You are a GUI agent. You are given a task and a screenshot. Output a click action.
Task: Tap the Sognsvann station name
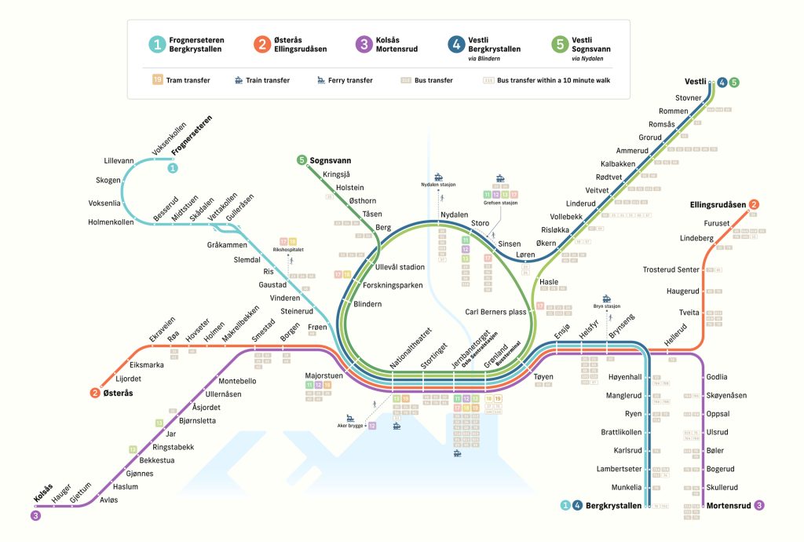[x=330, y=160]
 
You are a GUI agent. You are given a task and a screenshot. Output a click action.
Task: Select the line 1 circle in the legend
[x=158, y=44]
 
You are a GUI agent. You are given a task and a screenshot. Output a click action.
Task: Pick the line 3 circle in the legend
[x=362, y=44]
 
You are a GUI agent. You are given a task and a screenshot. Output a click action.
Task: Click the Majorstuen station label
[x=323, y=375]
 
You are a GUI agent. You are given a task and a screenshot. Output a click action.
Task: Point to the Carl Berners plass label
[x=495, y=311]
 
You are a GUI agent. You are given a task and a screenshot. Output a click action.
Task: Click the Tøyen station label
[x=543, y=377]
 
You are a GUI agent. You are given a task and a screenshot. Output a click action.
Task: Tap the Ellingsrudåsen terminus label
[x=718, y=205]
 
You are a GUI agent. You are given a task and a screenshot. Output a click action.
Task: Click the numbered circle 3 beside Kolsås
[x=35, y=516]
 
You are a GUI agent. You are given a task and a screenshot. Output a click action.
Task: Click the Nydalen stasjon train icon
[x=439, y=177]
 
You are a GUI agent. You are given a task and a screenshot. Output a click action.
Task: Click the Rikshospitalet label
[x=288, y=250]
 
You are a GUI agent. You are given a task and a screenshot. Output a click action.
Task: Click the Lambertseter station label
[x=616, y=469]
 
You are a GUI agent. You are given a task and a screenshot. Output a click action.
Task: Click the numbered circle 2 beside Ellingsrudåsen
[x=754, y=205]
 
